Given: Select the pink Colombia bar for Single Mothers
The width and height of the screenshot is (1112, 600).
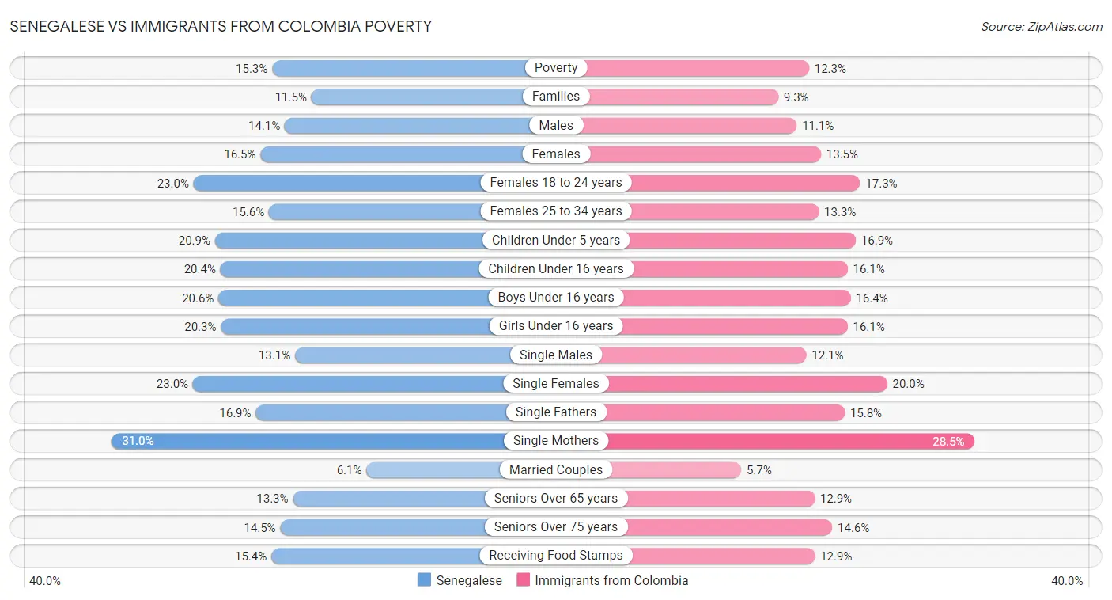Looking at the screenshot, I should click(x=791, y=441).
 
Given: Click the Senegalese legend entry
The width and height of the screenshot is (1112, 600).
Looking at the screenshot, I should click(x=460, y=580).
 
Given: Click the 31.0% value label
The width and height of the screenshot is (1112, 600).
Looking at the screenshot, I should click(x=138, y=441).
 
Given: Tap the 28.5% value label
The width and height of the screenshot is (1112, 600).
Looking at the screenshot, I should click(x=948, y=442).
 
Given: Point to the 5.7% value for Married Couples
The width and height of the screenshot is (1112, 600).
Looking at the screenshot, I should click(x=759, y=470).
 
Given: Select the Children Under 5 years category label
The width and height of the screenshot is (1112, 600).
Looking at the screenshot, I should click(x=556, y=240).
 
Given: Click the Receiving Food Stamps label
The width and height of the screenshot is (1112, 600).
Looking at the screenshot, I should click(x=556, y=556).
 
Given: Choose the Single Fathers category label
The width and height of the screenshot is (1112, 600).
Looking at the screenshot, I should click(x=556, y=412).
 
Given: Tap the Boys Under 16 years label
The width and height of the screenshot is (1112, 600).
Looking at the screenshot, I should click(x=556, y=298).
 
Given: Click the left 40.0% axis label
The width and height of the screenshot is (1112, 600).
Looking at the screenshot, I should click(x=45, y=581).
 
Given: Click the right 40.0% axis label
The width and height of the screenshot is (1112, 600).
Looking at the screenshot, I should click(x=1067, y=581).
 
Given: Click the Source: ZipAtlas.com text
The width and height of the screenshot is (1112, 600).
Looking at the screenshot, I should click(x=1042, y=27).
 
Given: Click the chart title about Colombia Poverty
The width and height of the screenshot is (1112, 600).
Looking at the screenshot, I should click(x=221, y=26).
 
